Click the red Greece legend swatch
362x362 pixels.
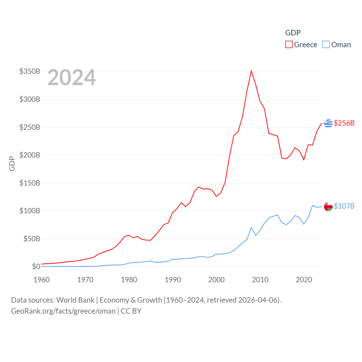tap(289, 45)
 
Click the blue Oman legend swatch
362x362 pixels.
tap(326, 45)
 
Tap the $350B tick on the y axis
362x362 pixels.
tap(30, 71)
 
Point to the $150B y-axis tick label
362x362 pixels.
tap(30, 183)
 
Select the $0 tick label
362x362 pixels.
tap(36, 266)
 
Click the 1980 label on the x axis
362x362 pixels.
tap(129, 280)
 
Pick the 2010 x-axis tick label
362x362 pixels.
tap(260, 280)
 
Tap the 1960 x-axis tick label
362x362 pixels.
tap(42, 280)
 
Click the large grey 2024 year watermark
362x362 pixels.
tap(72, 77)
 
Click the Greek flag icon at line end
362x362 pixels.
tap(328, 123)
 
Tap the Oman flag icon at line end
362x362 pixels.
tap(328, 206)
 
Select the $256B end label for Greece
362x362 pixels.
tap(344, 123)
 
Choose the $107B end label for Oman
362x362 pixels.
tap(344, 206)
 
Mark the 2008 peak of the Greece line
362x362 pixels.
tap(251, 71)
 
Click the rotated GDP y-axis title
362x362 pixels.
tap(12, 163)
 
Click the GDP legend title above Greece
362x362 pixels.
tap(293, 33)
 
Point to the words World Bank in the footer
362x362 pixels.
tap(75, 300)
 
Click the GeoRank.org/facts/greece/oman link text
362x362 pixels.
tap(63, 311)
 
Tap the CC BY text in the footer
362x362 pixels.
tap(131, 311)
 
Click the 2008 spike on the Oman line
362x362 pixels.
tap(251, 228)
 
